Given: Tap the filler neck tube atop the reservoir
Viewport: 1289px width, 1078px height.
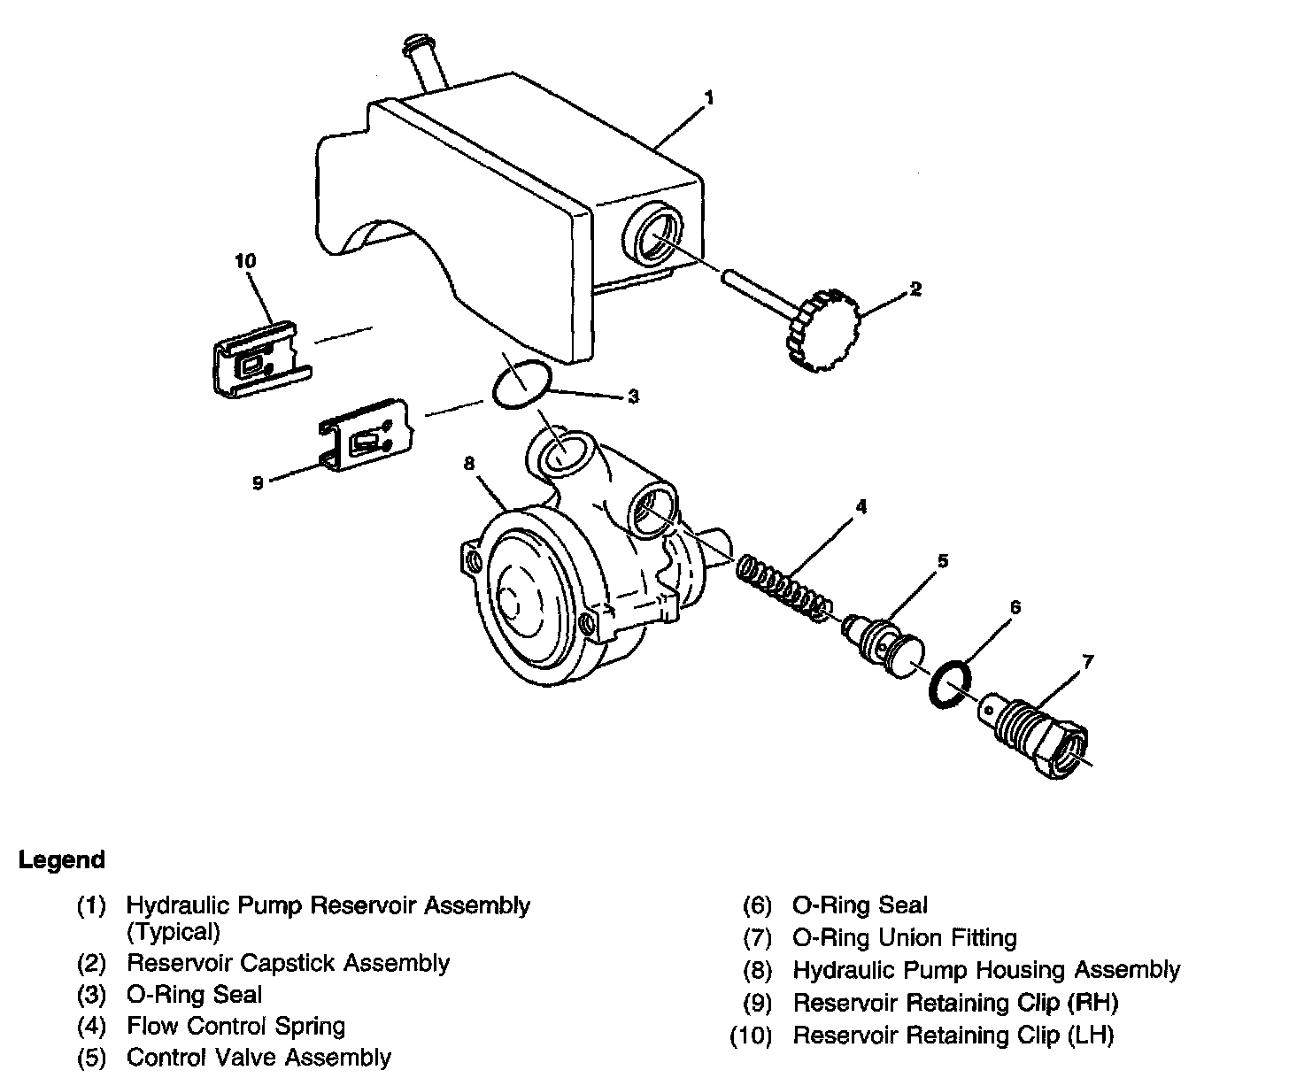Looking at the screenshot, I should [x=426, y=63].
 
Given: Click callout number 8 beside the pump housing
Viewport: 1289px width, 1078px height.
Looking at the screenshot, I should [x=469, y=463].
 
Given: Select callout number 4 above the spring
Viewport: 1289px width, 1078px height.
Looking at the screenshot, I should [x=860, y=506].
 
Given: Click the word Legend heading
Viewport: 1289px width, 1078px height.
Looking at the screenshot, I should [x=62, y=859].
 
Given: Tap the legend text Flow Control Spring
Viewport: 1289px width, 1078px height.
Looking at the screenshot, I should [x=235, y=1027].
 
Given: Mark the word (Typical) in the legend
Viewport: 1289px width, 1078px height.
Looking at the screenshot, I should [x=173, y=931].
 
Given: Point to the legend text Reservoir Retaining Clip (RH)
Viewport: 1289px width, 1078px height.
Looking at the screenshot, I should [x=955, y=1003].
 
